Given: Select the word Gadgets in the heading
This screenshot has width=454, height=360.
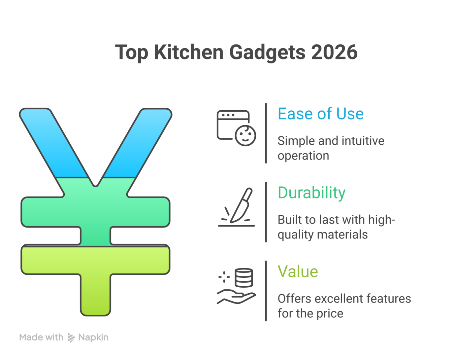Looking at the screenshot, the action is [x=267, y=53].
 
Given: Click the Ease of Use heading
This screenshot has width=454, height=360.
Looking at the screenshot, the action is [x=321, y=114].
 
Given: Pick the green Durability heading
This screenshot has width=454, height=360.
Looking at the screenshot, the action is [x=311, y=193].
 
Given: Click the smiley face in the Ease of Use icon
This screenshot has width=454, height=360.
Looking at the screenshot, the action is [x=245, y=136].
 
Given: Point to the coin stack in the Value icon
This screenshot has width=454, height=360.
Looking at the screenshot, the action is [x=244, y=278].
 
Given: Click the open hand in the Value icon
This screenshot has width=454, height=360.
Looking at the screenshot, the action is [x=236, y=297].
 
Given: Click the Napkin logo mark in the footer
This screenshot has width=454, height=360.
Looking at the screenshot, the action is [x=71, y=338].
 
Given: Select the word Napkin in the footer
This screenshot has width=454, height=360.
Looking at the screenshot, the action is [x=93, y=338].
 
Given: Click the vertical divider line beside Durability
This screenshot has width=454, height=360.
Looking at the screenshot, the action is [x=266, y=212].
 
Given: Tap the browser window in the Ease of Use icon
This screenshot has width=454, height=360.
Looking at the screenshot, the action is [x=233, y=125].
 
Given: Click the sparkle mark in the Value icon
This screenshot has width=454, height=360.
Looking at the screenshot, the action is [x=224, y=277].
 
